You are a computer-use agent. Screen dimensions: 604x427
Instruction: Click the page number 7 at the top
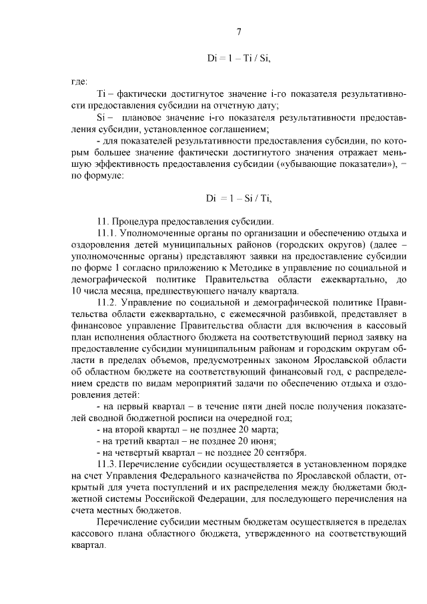pyautogui.click(x=238, y=31)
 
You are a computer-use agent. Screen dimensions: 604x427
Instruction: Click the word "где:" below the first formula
pyautogui.click(x=78, y=81)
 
